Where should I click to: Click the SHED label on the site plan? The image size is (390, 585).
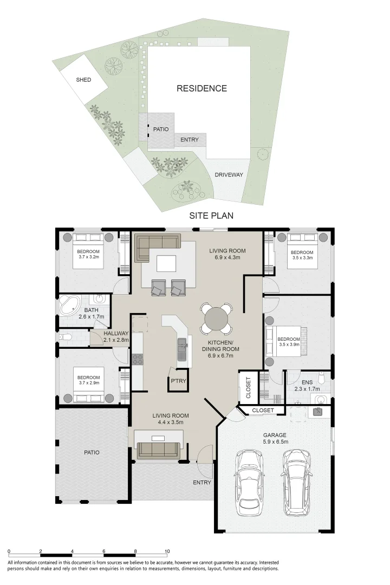(x=83, y=80)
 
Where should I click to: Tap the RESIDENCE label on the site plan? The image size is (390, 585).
(x=201, y=88)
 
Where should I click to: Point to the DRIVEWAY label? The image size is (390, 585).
(x=229, y=174)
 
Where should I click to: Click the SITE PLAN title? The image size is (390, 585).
(x=211, y=216)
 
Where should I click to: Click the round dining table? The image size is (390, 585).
(x=216, y=318)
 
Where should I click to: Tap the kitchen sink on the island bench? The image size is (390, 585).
(x=182, y=349)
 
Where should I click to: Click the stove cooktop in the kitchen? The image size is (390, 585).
(x=138, y=359)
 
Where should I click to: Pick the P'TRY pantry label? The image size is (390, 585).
(x=178, y=381)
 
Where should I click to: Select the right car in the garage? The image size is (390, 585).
(x=297, y=483)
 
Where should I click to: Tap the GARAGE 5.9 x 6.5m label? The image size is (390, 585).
(x=275, y=438)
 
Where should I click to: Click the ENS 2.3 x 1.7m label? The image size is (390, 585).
(x=307, y=386)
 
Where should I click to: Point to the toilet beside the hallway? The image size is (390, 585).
(x=66, y=337)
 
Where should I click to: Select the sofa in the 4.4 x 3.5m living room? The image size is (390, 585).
(x=159, y=450)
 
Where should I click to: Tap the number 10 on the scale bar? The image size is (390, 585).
(x=167, y=551)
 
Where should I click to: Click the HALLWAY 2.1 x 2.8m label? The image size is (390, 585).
(x=116, y=336)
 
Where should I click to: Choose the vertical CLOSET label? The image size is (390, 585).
(x=249, y=388)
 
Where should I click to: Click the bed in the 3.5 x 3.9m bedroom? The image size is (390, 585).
(x=285, y=341)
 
